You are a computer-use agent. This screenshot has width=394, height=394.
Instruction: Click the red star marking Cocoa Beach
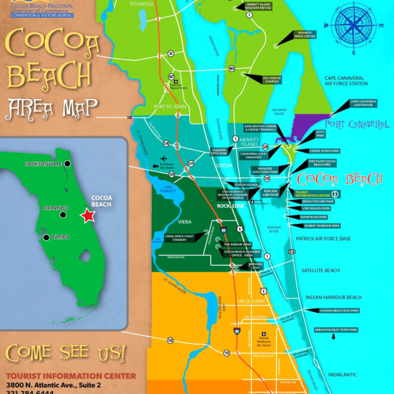point(88,216)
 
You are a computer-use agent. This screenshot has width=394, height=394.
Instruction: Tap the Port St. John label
point(170,107)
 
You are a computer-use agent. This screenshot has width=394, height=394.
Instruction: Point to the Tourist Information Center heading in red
point(70,376)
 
